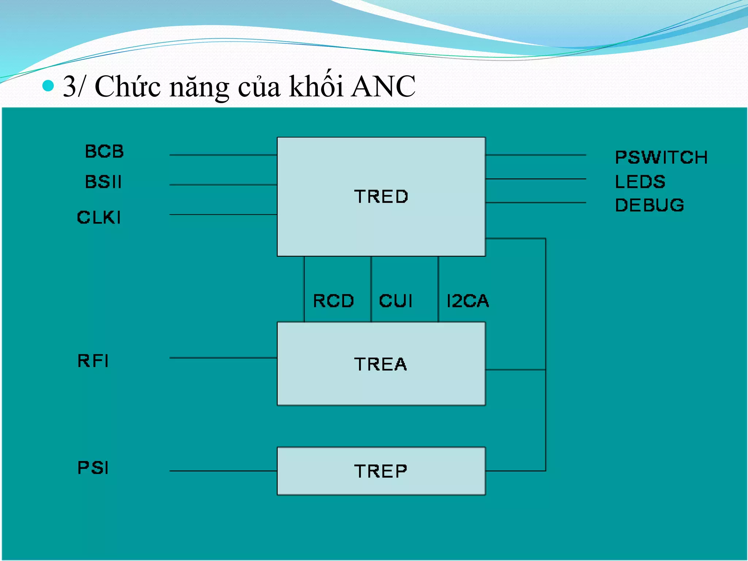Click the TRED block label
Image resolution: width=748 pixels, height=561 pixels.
pos(381,196)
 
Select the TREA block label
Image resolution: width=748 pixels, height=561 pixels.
pos(380,364)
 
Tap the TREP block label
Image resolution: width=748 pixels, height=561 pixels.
pos(380,471)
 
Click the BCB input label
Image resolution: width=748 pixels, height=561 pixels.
pos(104,151)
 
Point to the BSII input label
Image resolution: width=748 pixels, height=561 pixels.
pos(103,182)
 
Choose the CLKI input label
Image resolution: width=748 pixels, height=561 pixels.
pos(99,217)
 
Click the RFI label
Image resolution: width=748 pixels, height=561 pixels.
pos(93,361)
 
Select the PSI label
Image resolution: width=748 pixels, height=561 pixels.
pos(93,467)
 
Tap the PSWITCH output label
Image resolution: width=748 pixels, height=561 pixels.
pos(661,157)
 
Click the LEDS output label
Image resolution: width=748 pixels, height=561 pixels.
pos(640,182)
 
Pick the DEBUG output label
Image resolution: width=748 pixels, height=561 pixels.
pos(649,205)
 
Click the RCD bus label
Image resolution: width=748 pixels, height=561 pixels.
pos(333,301)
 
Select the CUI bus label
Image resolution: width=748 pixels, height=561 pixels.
pos(396,301)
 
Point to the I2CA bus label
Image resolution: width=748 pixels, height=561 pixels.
pos(467,301)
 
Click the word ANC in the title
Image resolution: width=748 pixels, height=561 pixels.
pos(383,87)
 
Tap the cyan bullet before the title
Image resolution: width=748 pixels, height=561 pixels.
pos(48,86)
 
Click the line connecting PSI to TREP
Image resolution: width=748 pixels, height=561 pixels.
pos(223,471)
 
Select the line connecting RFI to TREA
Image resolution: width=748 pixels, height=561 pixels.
pos(223,358)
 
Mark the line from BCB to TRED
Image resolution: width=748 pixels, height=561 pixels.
pos(223,155)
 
